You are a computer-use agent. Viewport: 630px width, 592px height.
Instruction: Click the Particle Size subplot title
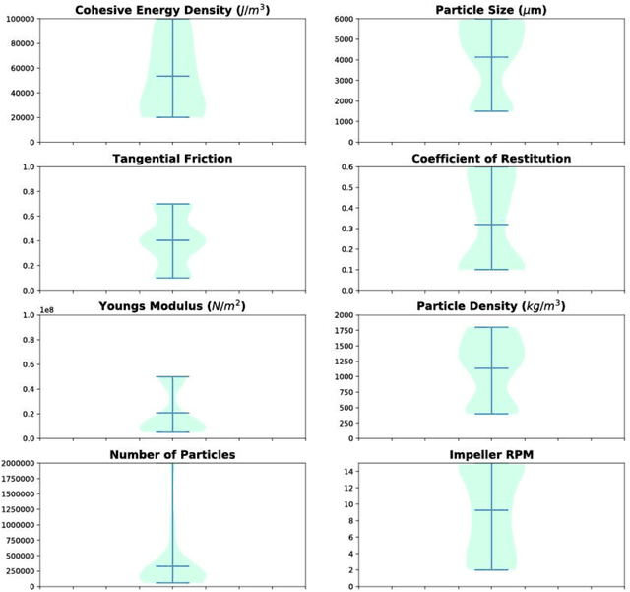[492, 10]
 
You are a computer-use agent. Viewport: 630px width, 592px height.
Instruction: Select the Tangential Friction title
[172, 158]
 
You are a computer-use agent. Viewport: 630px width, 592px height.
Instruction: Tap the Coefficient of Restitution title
[492, 158]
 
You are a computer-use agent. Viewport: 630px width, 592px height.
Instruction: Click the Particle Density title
[492, 305]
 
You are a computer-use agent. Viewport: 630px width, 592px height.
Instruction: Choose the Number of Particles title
[172, 454]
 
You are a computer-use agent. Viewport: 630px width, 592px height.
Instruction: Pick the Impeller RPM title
[492, 454]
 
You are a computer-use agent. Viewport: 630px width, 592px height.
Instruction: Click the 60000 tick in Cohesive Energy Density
[21, 69]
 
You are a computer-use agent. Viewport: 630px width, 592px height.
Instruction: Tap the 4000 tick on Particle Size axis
[343, 60]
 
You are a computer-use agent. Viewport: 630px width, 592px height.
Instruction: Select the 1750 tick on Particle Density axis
[343, 331]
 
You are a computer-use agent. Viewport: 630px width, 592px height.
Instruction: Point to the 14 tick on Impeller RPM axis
[347, 472]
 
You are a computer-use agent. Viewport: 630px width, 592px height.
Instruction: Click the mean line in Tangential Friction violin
[172, 240]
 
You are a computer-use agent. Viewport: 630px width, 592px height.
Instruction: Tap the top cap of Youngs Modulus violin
[172, 376]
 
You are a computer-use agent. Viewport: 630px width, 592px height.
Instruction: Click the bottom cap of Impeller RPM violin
[492, 569]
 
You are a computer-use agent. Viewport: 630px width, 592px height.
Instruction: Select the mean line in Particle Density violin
[492, 368]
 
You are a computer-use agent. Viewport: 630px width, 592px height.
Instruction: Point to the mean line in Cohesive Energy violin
[172, 76]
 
